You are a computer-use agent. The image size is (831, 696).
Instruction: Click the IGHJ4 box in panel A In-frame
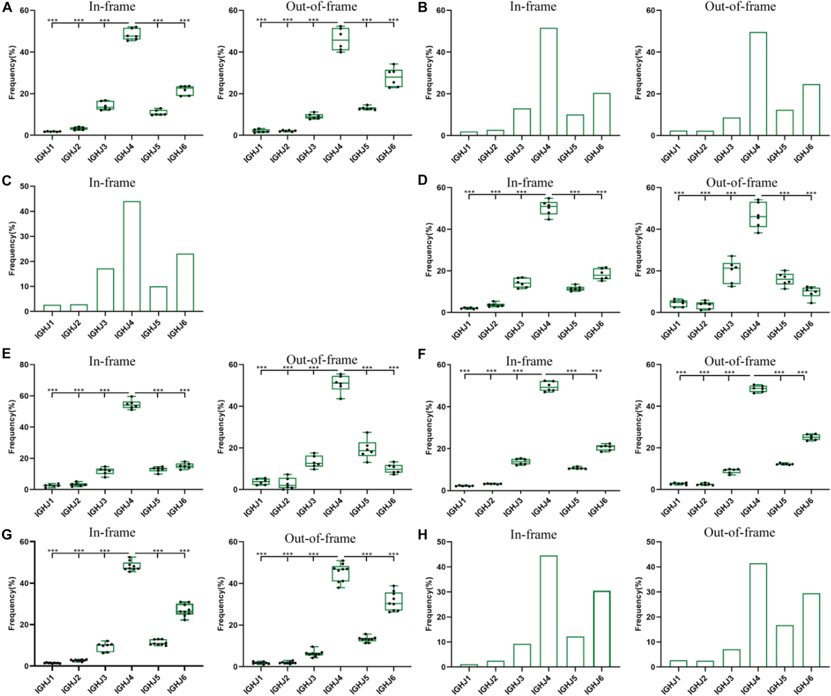click(x=131, y=33)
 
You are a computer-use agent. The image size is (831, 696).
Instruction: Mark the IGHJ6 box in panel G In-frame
click(x=184, y=609)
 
